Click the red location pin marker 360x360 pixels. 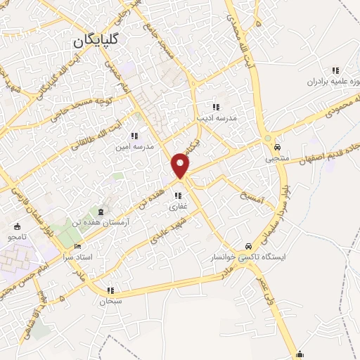point(181,165)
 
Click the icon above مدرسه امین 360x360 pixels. point(134,136)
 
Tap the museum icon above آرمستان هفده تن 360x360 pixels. point(103,212)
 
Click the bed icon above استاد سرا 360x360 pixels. point(77,246)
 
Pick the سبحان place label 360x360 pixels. point(110,301)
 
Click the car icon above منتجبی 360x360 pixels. point(278,148)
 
